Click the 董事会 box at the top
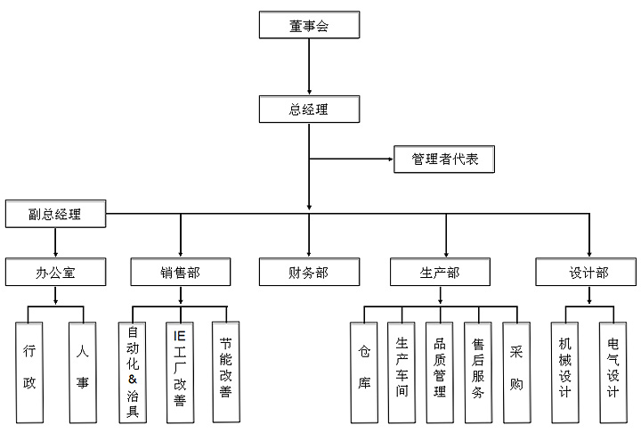(309, 26)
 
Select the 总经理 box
(309, 110)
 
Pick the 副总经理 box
(55, 215)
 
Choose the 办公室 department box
(55, 273)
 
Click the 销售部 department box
(181, 273)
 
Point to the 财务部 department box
(309, 273)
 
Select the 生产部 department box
(439, 273)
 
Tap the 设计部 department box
(588, 273)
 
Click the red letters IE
(179, 337)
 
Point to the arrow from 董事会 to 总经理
(309, 67)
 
